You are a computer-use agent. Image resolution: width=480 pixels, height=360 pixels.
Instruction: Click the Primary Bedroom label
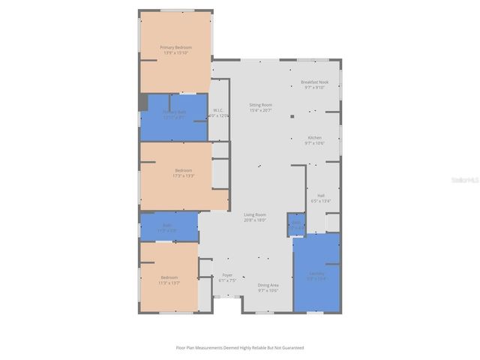point(175,47)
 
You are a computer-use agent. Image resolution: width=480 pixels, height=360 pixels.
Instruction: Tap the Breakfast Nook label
point(315,82)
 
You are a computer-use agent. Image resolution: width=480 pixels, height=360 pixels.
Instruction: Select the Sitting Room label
point(261,105)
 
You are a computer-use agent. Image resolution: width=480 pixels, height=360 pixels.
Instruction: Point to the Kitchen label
point(315,137)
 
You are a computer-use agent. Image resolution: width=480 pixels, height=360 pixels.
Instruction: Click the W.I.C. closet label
point(218,110)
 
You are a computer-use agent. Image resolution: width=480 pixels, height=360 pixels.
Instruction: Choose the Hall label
point(321,195)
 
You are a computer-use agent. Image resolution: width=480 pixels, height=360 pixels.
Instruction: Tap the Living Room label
point(255,215)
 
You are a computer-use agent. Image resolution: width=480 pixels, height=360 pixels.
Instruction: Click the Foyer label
point(227,275)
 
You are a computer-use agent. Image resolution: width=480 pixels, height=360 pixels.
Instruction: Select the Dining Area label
point(268,285)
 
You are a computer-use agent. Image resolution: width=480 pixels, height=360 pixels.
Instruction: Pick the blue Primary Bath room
point(174,115)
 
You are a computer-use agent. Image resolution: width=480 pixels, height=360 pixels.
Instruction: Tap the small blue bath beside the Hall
point(296,224)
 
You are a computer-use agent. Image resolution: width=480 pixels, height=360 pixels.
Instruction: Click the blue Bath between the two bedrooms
point(168,226)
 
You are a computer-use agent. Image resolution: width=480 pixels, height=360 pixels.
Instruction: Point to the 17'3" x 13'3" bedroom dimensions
point(184,176)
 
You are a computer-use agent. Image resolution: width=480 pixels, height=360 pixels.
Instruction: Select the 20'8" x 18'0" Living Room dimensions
point(255,220)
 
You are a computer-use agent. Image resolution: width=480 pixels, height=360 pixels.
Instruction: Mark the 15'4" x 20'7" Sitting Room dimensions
point(261,110)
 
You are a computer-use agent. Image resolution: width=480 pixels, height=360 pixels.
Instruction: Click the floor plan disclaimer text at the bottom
point(240,347)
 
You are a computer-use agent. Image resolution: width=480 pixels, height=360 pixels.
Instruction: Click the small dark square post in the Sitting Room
point(292,116)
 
